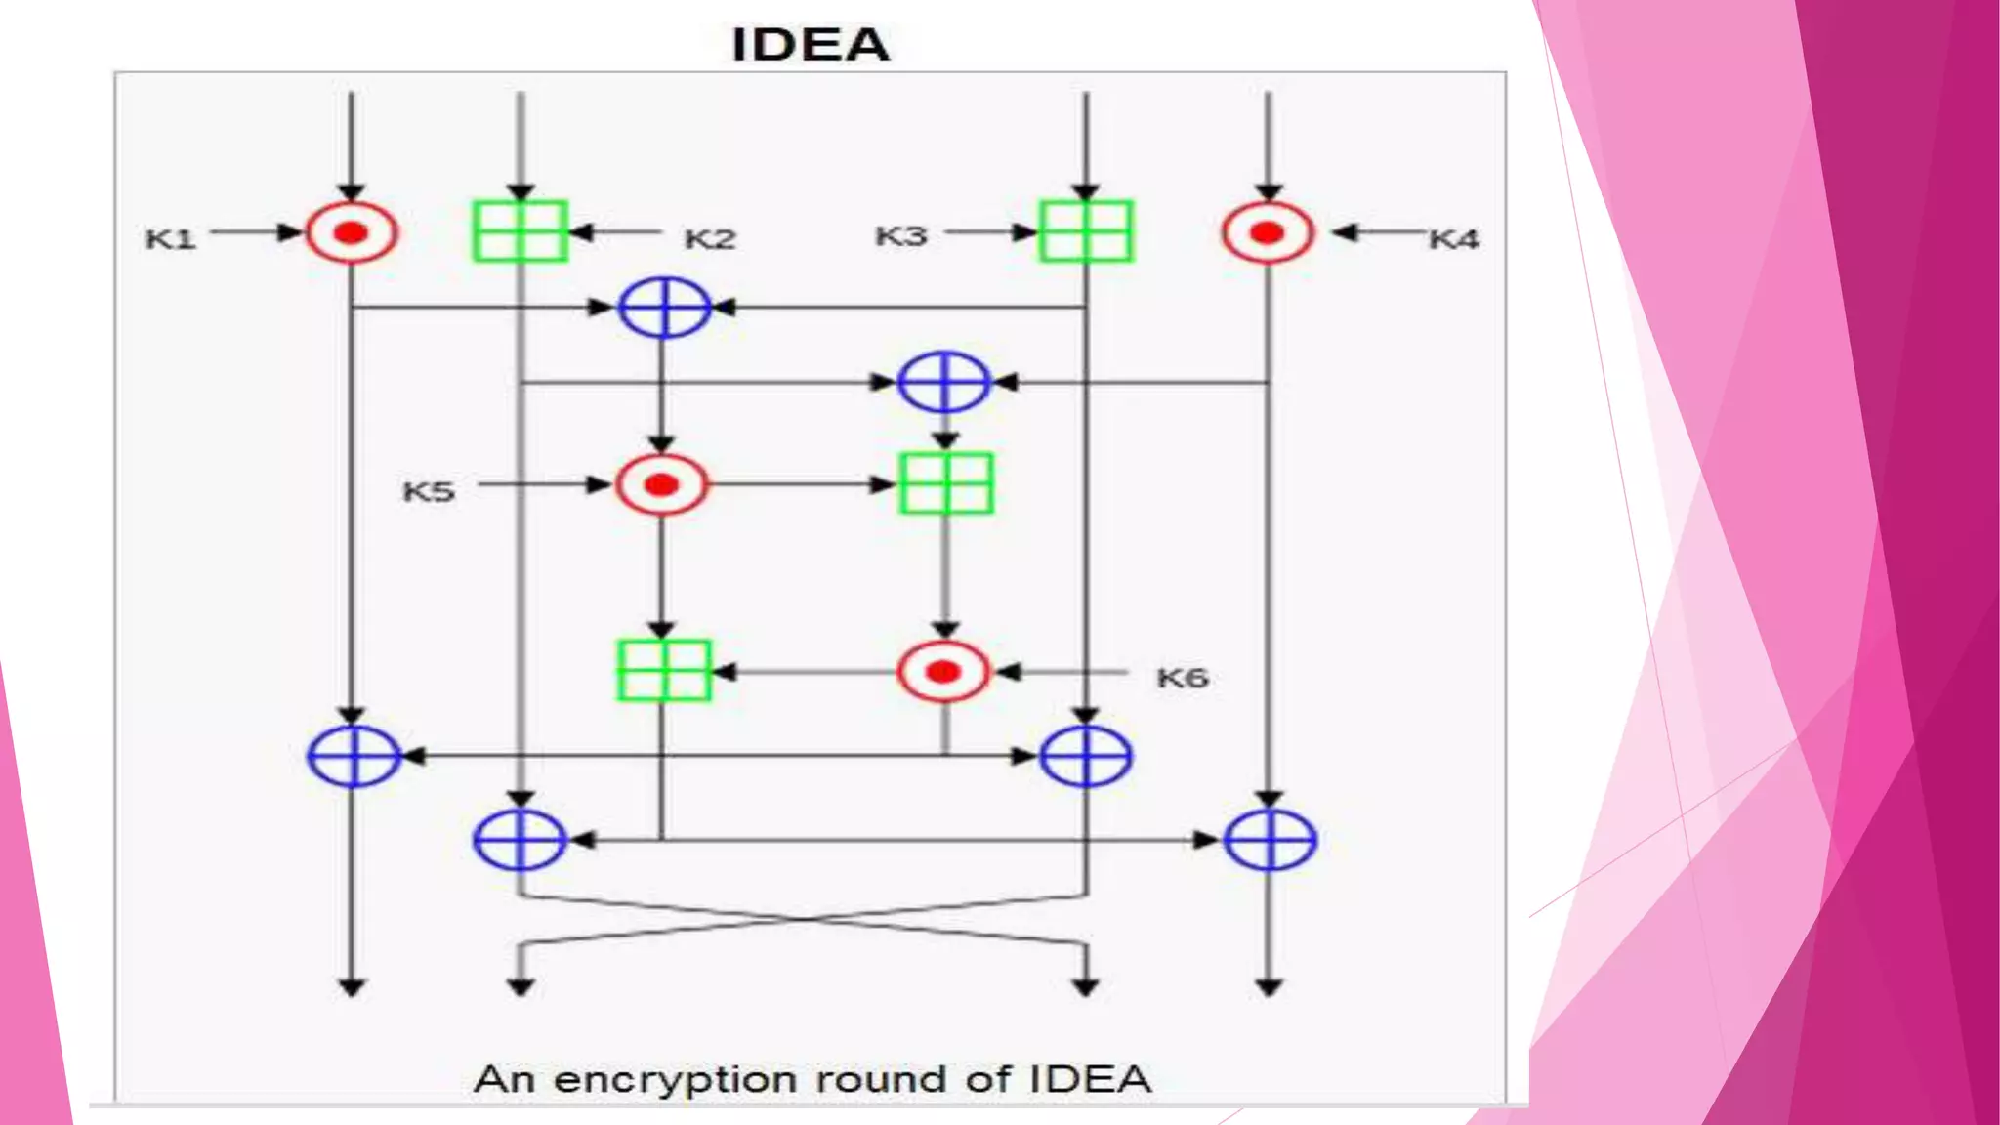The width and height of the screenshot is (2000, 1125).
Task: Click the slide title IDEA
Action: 811,45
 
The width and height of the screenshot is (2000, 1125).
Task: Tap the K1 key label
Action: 171,239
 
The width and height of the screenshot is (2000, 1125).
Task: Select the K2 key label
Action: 710,239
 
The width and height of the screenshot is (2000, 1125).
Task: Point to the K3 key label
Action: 900,236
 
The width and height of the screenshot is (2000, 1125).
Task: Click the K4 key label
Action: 1454,239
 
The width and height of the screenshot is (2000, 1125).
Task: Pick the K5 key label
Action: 429,491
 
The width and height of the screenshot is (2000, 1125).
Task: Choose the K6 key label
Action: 1183,678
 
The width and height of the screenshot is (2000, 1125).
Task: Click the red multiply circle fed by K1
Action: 352,232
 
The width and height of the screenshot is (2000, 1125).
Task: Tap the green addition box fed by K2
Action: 521,231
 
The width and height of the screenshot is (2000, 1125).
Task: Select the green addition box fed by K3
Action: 1086,231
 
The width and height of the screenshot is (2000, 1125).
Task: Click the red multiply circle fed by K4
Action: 1268,232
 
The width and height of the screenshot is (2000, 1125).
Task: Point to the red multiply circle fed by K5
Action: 661,484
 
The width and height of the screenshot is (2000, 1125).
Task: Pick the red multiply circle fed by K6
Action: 943,672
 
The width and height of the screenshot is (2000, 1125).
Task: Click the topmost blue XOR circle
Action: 664,308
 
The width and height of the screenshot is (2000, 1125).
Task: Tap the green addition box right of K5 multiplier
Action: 945,483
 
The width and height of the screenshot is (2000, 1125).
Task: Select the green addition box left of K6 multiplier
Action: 664,671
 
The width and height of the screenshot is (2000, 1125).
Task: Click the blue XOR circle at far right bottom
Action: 1270,840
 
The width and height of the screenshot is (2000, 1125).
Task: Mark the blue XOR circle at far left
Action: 354,756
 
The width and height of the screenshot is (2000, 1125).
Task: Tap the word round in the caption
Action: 882,1080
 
